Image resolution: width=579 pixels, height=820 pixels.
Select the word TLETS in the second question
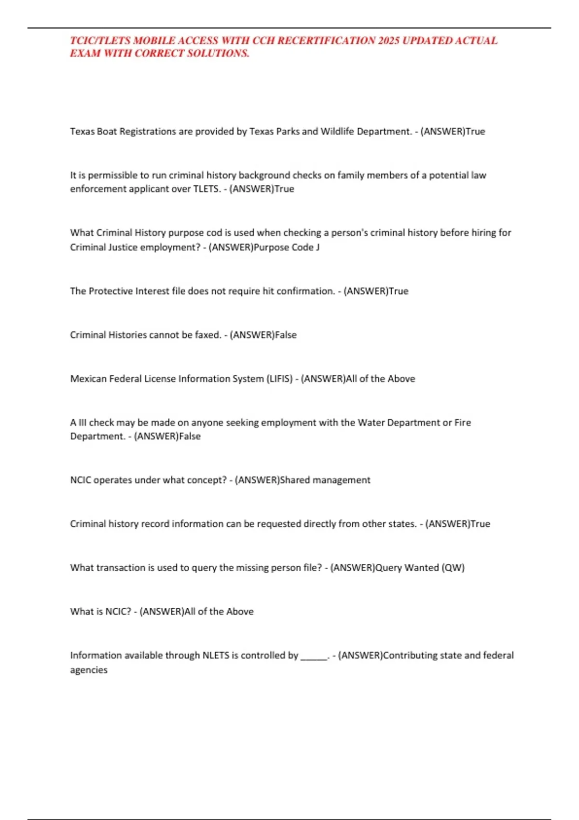207,189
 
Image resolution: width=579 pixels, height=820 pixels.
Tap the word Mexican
88,379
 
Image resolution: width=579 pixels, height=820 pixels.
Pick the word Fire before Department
462,423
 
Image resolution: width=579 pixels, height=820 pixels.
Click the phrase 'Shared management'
325,480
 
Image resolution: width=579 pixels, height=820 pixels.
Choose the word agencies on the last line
89,670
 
